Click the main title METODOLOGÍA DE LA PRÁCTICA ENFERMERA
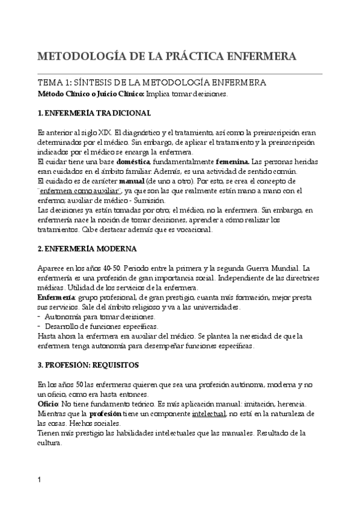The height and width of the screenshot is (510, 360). (x=166, y=57)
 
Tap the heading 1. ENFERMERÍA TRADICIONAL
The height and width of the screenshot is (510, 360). (x=94, y=113)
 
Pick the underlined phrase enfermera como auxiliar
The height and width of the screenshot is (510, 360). (x=76, y=190)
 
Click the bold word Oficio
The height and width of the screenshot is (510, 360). (x=48, y=405)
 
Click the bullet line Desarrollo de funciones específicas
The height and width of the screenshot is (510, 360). (x=100, y=325)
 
